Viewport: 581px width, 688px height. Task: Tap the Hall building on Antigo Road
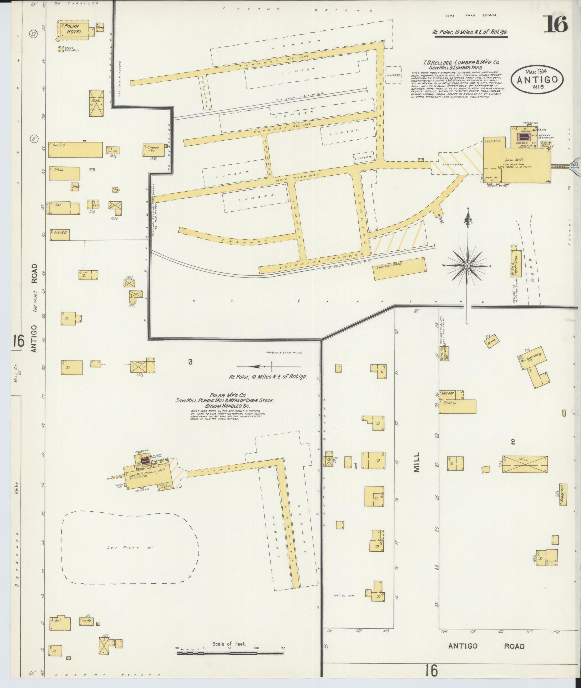tap(64, 173)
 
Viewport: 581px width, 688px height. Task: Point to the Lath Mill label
tap(493, 141)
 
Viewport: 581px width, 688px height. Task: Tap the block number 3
tap(190, 362)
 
